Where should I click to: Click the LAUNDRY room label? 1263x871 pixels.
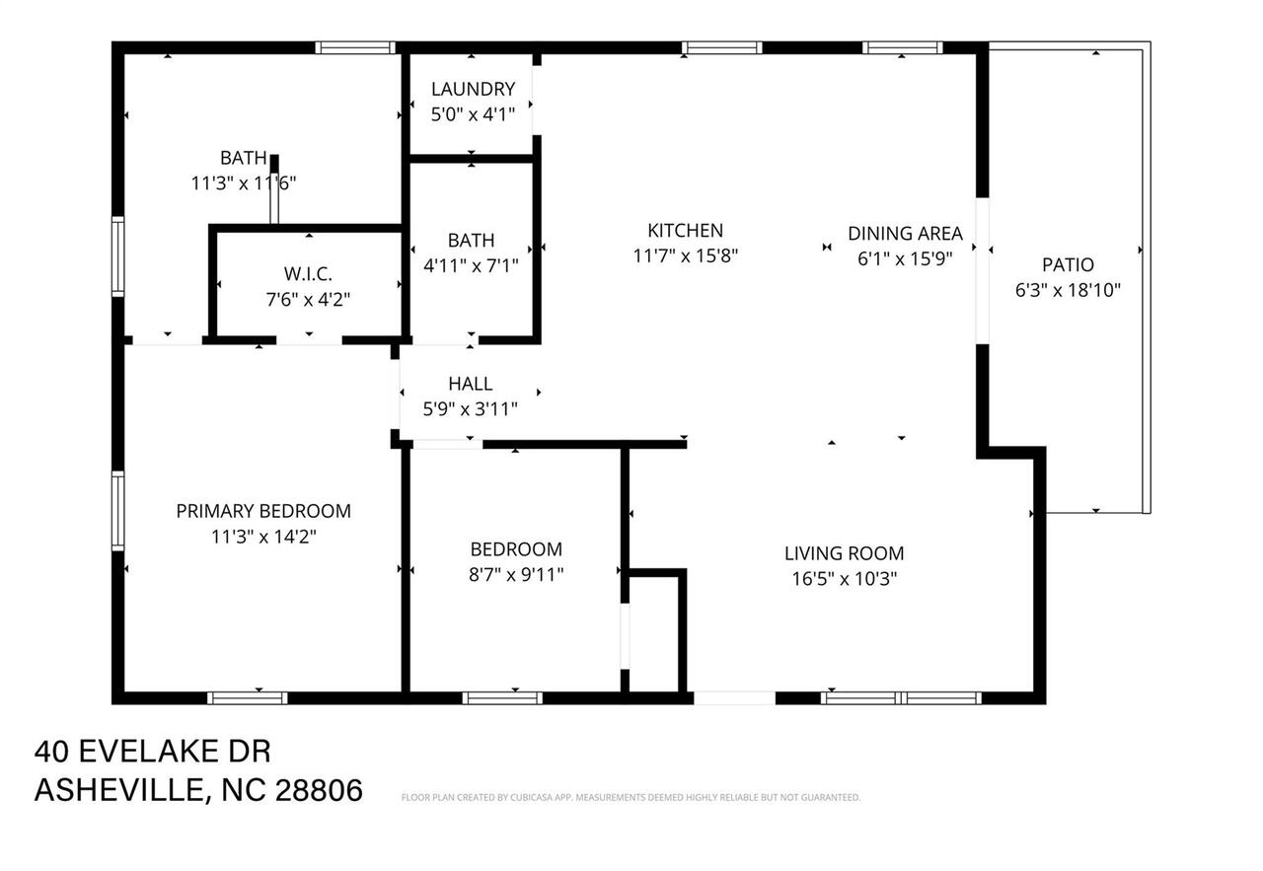[x=473, y=89]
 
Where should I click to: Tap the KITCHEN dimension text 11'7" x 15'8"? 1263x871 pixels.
[x=685, y=255]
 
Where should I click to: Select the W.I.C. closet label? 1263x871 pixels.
[x=308, y=273]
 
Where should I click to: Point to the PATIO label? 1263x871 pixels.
[x=1068, y=264]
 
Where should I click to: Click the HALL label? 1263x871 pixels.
[x=470, y=384]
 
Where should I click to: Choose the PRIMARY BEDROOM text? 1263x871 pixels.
[x=263, y=511]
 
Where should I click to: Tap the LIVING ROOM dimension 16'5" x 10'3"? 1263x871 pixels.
[x=844, y=579]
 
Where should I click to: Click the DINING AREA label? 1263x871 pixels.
[x=905, y=234]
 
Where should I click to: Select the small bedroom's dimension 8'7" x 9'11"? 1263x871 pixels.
[x=516, y=574]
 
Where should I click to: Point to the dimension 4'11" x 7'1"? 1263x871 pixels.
[x=471, y=264]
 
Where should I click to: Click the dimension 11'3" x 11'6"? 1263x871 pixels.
[x=244, y=182]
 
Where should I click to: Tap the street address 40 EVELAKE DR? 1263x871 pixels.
[x=153, y=752]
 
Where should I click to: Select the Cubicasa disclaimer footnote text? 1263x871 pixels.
[x=631, y=797]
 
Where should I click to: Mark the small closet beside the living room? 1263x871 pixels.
[x=654, y=631]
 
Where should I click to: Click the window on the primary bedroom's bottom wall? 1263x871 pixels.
[x=248, y=697]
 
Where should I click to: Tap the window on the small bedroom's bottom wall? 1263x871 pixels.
[x=502, y=697]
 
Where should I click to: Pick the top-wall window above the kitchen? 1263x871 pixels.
[x=722, y=46]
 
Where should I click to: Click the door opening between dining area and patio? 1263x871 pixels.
[x=983, y=270]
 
